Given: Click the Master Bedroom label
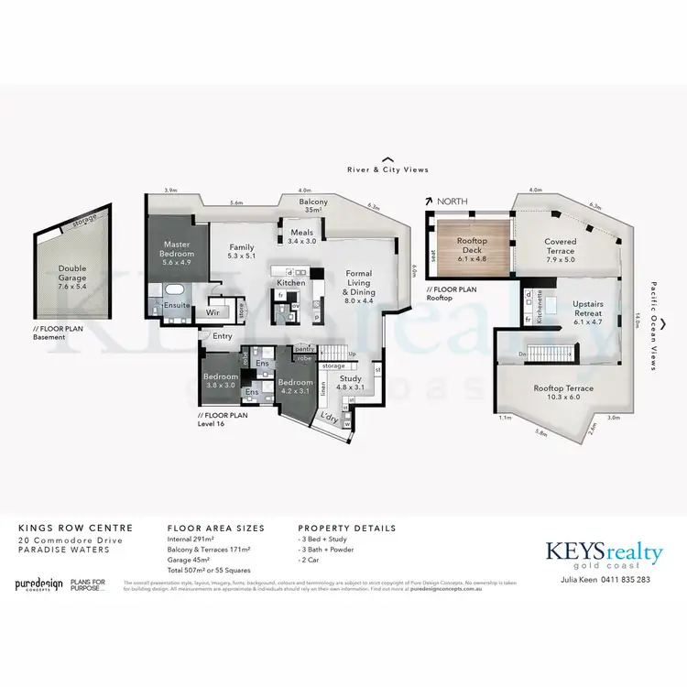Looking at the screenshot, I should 176,250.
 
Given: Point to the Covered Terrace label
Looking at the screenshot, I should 561,246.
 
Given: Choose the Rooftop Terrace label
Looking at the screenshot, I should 564,393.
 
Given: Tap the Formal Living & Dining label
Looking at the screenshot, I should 358,284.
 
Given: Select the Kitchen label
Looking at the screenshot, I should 291,283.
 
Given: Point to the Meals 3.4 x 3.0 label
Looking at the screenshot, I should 301,236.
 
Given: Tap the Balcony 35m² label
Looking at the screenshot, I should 313,205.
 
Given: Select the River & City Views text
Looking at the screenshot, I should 387,169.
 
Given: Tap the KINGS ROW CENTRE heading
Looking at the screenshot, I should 76,529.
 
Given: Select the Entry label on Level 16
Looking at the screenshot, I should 223,336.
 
